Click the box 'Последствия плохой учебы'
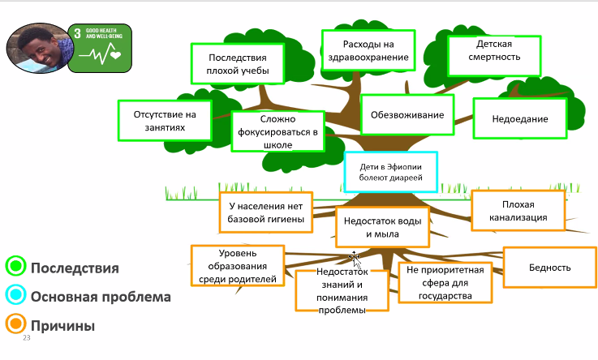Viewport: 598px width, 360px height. pyautogui.click(x=239, y=63)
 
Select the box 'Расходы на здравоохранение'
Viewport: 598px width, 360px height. pyautogui.click(x=368, y=50)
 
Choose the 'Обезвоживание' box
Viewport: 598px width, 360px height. pyautogui.click(x=407, y=114)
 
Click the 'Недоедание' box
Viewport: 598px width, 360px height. pyautogui.click(x=519, y=118)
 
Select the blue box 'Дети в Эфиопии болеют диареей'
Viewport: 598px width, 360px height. pyautogui.click(x=390, y=172)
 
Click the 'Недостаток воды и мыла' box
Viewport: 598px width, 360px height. pyautogui.click(x=382, y=227)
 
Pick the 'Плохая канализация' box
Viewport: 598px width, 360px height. pyautogui.click(x=512, y=211)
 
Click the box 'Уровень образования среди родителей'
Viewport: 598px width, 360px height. pyautogui.click(x=237, y=266)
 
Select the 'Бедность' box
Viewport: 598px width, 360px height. pyautogui.click(x=549, y=268)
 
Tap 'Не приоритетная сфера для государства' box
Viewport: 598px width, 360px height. pyautogui.click(x=446, y=282)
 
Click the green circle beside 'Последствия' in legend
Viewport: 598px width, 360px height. pyautogui.click(x=15, y=266)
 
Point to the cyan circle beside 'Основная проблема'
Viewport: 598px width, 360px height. pyautogui.click(x=15, y=296)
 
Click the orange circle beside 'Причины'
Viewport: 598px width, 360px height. pyautogui.click(x=15, y=325)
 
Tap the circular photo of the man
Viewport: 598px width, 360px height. pyautogui.click(x=36, y=47)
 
